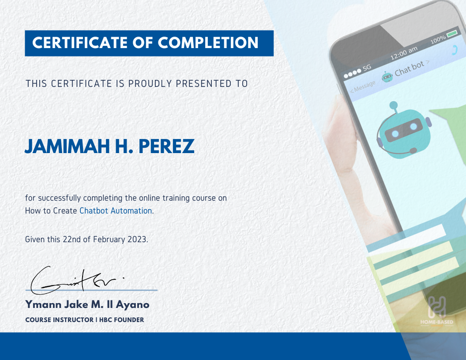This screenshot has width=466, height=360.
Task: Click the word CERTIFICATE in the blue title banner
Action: [x=80, y=43]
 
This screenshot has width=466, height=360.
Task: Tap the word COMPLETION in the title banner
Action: [x=208, y=43]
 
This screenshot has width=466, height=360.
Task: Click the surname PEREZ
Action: [x=166, y=146]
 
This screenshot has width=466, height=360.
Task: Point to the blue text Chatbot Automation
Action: [x=116, y=211]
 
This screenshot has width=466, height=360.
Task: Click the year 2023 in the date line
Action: [x=137, y=240]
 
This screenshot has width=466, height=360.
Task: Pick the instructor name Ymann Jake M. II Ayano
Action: [x=87, y=304]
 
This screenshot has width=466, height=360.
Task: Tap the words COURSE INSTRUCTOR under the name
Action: [x=59, y=320]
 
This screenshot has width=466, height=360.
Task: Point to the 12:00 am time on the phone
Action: [x=404, y=53]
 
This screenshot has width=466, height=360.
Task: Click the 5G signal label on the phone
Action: [x=367, y=67]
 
